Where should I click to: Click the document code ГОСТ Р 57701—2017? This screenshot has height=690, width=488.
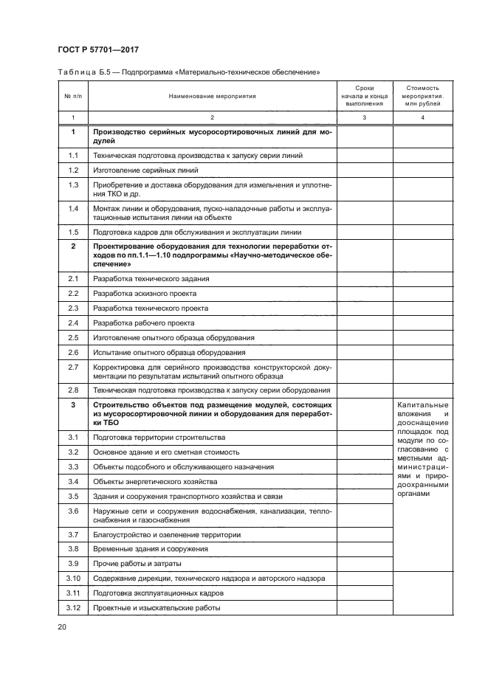(x=98, y=49)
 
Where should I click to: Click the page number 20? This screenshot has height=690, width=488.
(x=61, y=627)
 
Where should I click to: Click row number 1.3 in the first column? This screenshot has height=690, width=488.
(x=73, y=184)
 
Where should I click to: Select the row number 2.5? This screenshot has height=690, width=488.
(x=73, y=337)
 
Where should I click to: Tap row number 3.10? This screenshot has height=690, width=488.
(x=73, y=578)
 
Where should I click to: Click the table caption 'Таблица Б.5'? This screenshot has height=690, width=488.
(x=80, y=72)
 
